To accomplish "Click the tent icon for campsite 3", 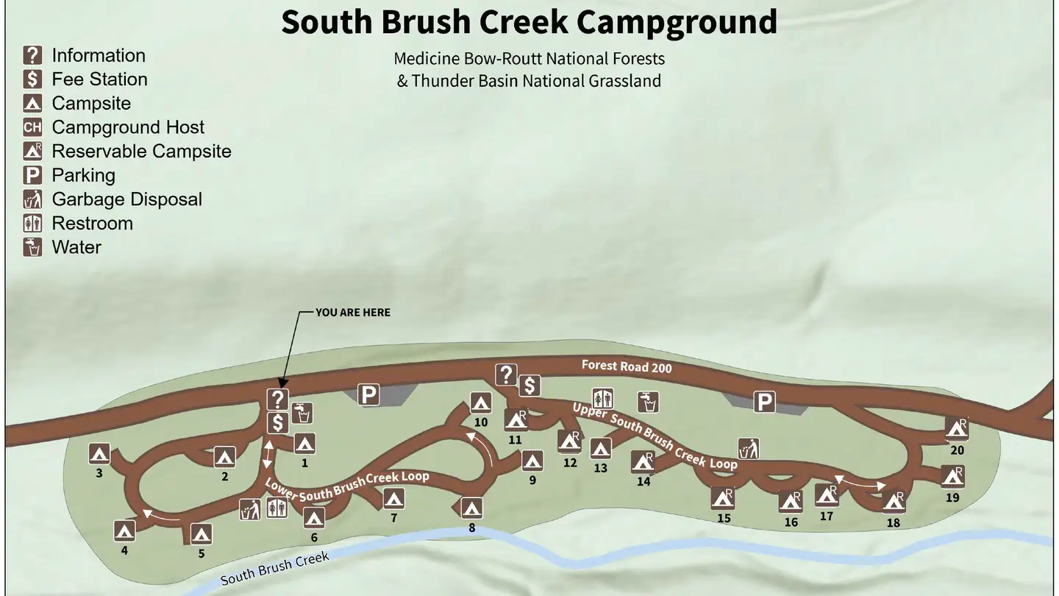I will (x=99, y=454).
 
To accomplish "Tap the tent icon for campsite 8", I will (x=471, y=508).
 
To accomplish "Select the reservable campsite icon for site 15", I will (x=723, y=498).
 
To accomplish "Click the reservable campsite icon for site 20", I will (x=956, y=428).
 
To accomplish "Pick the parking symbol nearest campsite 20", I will (x=766, y=402).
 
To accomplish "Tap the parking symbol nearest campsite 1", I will (x=368, y=395).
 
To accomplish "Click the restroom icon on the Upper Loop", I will (x=602, y=399).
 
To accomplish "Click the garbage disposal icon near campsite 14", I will (x=749, y=448).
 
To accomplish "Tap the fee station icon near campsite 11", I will (x=529, y=385).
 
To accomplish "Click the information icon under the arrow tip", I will (x=277, y=400).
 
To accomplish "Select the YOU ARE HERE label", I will (x=353, y=313).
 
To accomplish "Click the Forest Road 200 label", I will (x=627, y=366).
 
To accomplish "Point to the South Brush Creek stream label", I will (x=275, y=569).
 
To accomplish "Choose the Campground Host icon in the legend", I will (x=32, y=127).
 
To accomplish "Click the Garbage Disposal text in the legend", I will (x=126, y=199).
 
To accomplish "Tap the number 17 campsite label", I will (x=827, y=517).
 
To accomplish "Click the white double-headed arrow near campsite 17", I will (x=860, y=483).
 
